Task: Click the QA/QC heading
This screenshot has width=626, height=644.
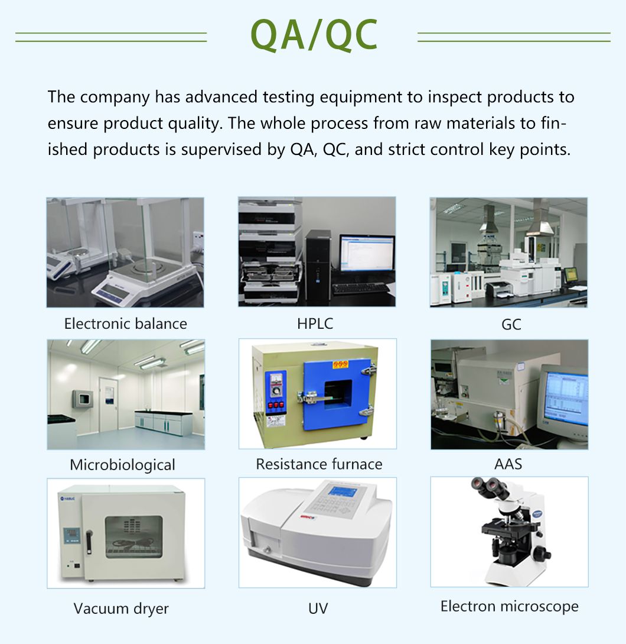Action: pyautogui.click(x=314, y=35)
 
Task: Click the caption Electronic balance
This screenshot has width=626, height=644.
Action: pyautogui.click(x=125, y=323)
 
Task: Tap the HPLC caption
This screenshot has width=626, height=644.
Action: pyautogui.click(x=315, y=323)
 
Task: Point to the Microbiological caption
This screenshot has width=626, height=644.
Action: pyautogui.click(x=122, y=465)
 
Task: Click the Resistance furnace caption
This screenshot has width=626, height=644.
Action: pyautogui.click(x=319, y=464)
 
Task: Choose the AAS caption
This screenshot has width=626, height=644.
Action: pyautogui.click(x=508, y=464)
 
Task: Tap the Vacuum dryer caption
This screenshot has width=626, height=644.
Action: pyautogui.click(x=121, y=608)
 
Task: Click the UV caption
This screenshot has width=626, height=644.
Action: pyautogui.click(x=318, y=608)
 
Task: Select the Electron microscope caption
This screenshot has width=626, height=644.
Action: pyautogui.click(x=509, y=606)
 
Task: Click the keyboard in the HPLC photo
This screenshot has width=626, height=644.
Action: pyautogui.click(x=360, y=289)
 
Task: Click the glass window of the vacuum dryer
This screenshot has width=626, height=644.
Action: pyautogui.click(x=133, y=537)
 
